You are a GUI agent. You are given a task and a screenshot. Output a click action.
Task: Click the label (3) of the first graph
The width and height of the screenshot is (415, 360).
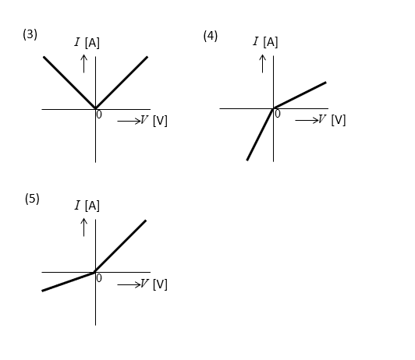point(30,34)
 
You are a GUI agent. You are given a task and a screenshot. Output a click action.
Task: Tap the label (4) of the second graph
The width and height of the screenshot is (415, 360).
point(211,36)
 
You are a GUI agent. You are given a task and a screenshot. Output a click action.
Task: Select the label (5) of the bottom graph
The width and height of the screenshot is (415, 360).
point(32,199)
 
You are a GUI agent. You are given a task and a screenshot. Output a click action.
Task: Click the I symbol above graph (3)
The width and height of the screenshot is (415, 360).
point(77,42)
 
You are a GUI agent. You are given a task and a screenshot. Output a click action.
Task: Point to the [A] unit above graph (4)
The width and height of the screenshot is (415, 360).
point(271,42)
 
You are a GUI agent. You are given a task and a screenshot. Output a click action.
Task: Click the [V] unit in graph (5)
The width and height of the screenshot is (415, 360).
point(160,284)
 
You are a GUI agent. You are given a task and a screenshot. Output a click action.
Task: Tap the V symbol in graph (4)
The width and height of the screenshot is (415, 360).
point(321,119)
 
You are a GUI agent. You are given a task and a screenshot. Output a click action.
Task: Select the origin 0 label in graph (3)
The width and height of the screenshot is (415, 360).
point(99,115)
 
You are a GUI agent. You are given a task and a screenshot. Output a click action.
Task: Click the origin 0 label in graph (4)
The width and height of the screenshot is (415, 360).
point(278,114)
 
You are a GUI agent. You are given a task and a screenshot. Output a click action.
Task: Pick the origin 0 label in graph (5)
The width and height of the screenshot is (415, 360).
point(99,278)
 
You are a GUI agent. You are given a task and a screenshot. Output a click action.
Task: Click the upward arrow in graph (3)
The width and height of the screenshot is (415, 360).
point(84,64)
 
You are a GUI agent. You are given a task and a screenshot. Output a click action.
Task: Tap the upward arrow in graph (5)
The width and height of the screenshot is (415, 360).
point(84,228)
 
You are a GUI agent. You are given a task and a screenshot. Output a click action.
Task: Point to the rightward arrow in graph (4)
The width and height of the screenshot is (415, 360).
point(307,121)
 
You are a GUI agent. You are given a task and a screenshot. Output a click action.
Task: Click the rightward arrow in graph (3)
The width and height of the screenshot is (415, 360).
point(129,122)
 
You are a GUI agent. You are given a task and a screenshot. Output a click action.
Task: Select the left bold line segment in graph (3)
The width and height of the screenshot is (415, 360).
point(69,83)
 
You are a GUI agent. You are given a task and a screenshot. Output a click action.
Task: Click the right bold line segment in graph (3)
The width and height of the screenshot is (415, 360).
point(122,83)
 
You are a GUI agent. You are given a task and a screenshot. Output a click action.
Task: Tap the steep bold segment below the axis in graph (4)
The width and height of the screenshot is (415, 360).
point(260,134)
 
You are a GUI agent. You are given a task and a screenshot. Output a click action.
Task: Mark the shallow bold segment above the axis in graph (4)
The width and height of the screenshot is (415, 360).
point(300,95)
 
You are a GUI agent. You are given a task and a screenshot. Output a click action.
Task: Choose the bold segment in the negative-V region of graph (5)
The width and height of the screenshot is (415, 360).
point(69,282)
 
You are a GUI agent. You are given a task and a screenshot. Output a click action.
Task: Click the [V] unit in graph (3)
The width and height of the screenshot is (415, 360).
point(160,121)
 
